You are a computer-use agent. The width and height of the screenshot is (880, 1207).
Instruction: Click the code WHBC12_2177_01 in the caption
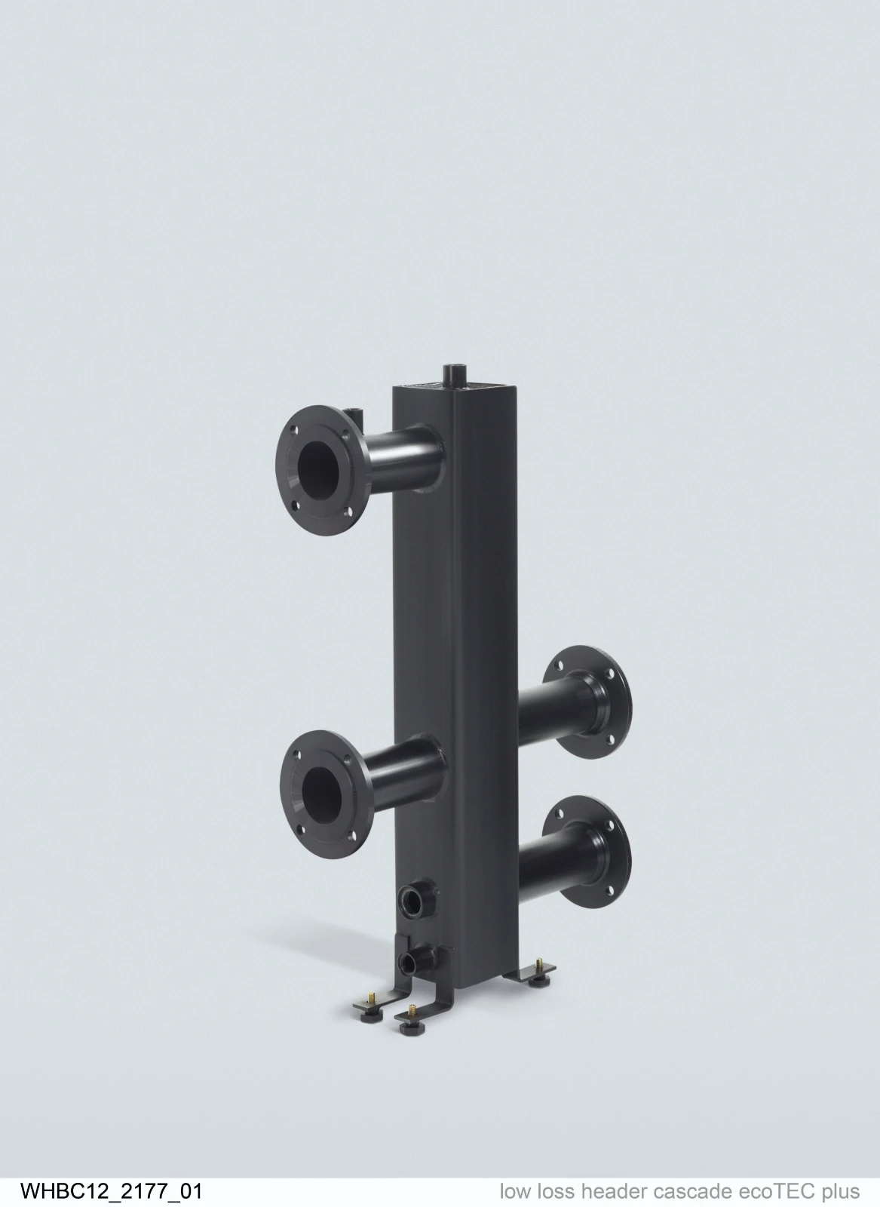111,1190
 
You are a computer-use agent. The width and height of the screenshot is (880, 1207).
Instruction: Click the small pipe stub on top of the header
453,374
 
